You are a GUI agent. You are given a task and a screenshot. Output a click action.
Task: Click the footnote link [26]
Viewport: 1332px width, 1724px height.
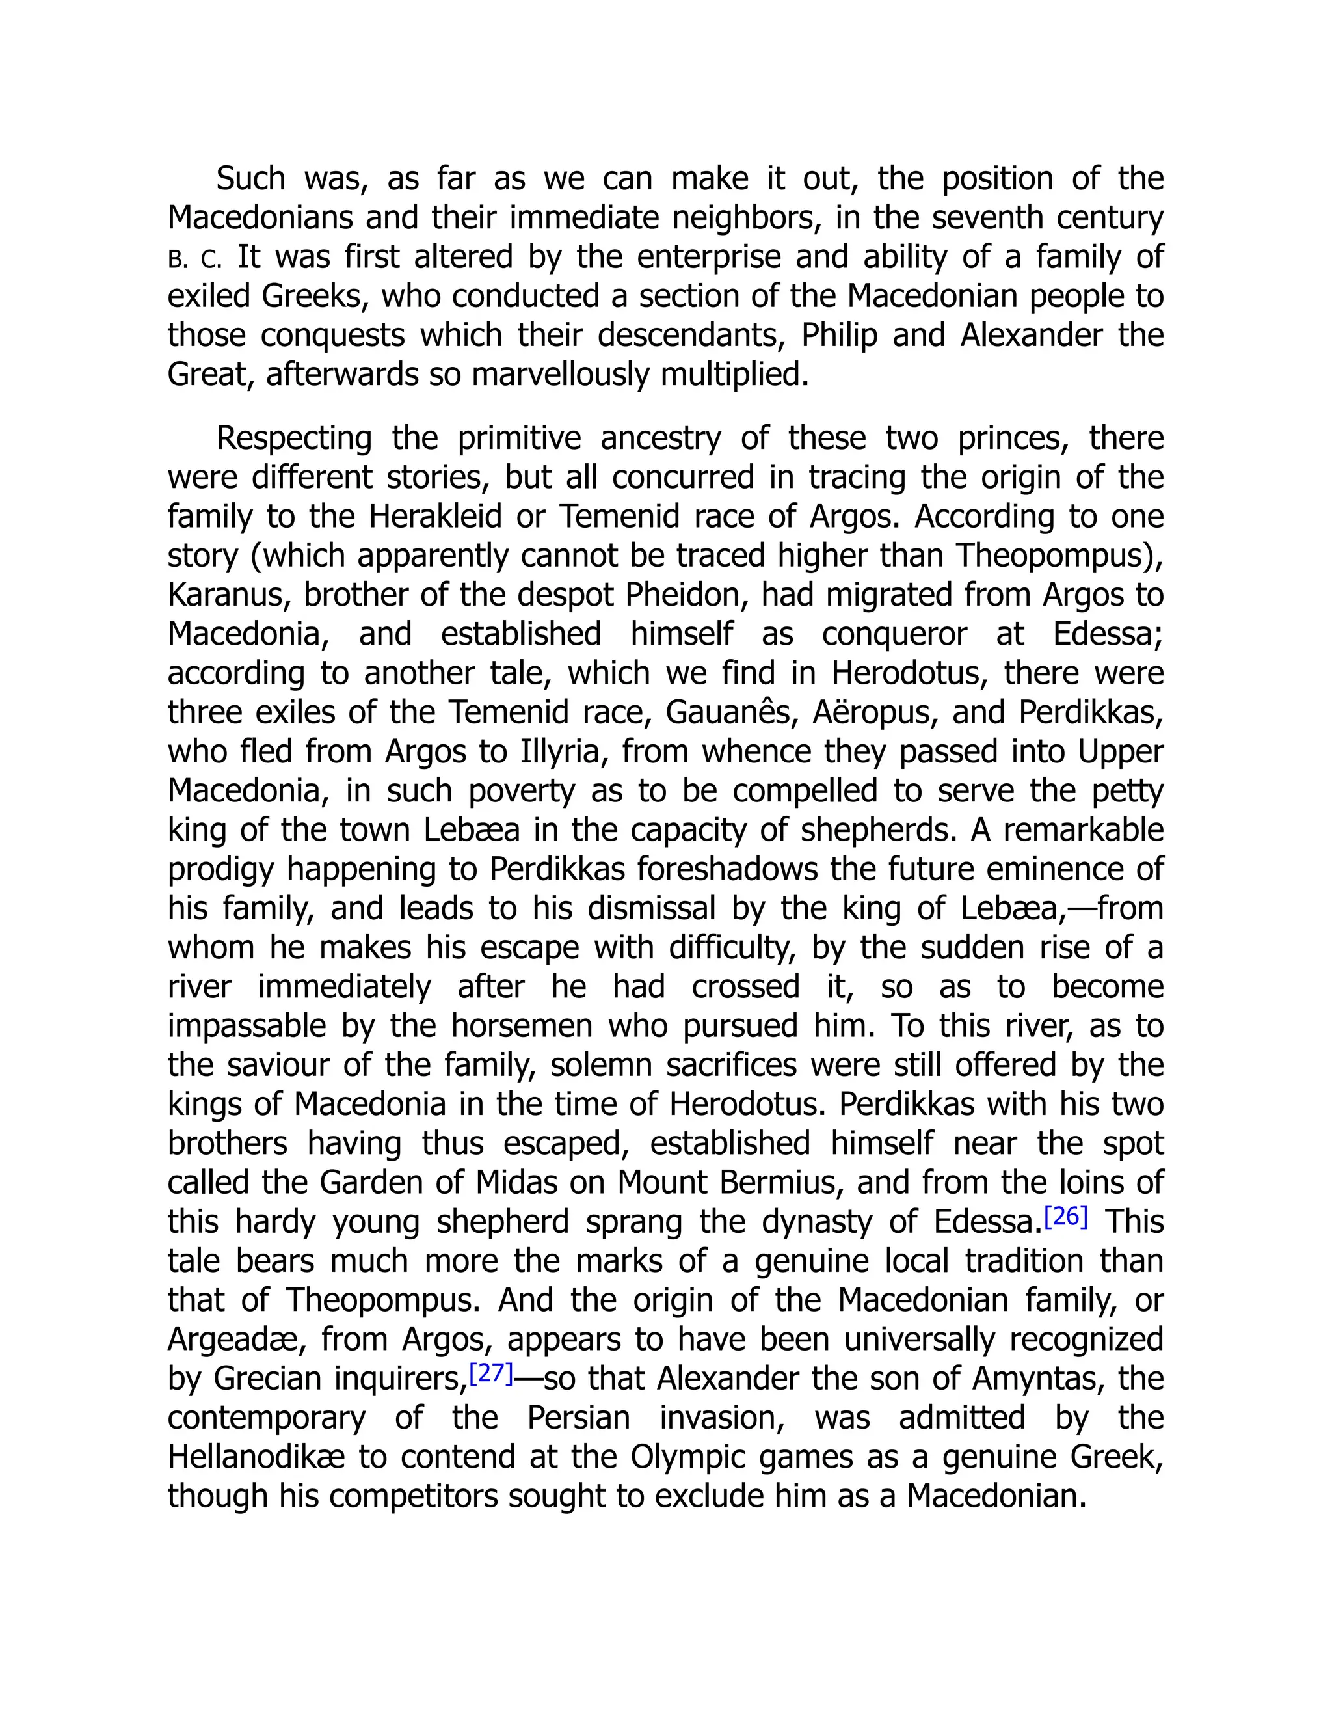tap(1065, 1217)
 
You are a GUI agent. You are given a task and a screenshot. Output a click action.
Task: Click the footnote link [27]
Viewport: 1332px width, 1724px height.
tap(491, 1373)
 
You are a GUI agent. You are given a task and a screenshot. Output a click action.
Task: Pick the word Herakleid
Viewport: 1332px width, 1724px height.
tap(435, 517)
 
